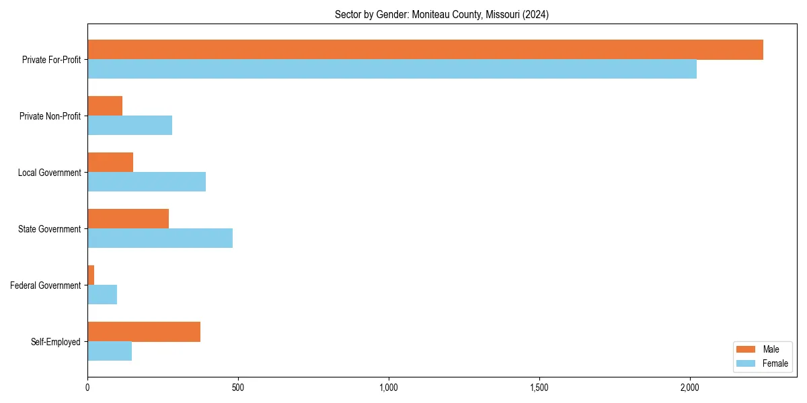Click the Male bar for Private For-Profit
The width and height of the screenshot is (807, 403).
pos(425,50)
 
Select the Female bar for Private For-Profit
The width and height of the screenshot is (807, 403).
pos(392,69)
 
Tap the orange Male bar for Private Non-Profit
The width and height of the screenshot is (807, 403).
pos(105,106)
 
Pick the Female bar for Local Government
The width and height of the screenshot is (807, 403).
pos(147,182)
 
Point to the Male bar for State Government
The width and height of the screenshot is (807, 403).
pos(128,219)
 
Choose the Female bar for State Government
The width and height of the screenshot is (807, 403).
pos(160,238)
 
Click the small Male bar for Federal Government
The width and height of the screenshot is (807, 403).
pos(91,275)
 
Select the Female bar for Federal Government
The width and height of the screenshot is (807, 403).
pos(102,295)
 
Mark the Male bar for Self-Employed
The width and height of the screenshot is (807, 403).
pos(144,332)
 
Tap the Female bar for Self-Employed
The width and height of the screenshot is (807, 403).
pos(110,351)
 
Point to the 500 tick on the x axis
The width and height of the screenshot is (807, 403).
pos(238,388)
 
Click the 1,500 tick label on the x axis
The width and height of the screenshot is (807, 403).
pos(539,388)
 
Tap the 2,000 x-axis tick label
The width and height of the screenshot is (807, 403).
pos(690,388)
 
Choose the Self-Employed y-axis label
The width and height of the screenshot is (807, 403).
pos(56,342)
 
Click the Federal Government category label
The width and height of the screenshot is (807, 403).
pos(46,285)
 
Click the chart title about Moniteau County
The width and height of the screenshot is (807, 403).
pos(442,15)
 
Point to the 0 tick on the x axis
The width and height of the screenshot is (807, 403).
pos(87,388)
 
